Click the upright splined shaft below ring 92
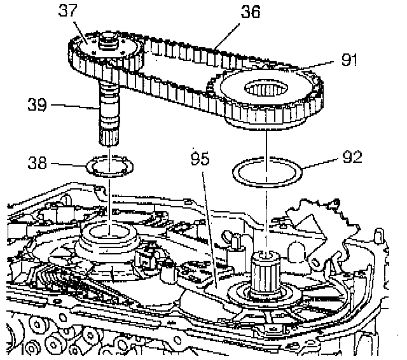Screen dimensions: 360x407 click(266, 273)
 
